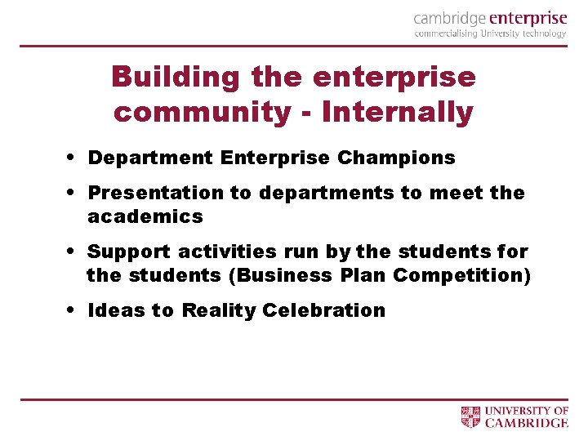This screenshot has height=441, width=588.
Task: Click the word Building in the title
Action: (176, 78)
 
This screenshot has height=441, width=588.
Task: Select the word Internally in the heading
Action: (398, 112)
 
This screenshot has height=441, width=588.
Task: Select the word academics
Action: (145, 216)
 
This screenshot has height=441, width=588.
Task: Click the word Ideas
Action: (113, 310)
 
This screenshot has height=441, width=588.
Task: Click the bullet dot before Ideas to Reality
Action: (73, 310)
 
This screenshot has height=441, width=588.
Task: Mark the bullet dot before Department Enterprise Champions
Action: (73, 157)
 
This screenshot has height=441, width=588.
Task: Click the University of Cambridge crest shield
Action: (471, 416)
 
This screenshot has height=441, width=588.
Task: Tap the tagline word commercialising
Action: (446, 34)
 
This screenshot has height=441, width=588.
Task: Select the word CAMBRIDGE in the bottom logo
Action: (527, 423)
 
